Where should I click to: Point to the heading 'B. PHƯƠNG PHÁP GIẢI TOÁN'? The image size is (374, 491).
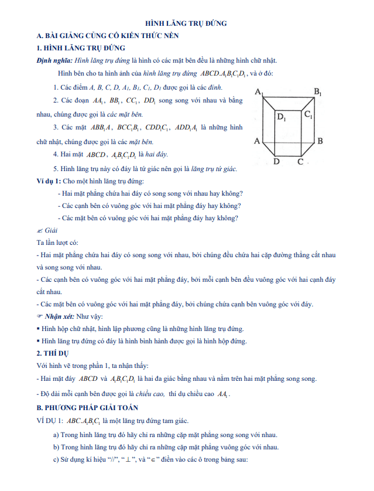click(x=87, y=407)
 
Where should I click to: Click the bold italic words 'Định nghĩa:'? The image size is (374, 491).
click(x=54, y=60)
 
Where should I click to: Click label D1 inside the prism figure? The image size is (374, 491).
click(x=282, y=118)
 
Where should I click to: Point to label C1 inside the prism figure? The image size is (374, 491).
click(x=308, y=115)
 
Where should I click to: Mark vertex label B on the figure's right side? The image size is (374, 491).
click(x=320, y=141)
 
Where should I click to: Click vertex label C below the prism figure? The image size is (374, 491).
click(x=300, y=162)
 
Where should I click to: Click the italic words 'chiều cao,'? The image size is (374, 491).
click(x=150, y=394)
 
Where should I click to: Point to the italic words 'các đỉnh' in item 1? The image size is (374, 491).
click(x=210, y=87)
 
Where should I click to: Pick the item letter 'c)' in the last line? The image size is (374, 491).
click(x=57, y=460)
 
